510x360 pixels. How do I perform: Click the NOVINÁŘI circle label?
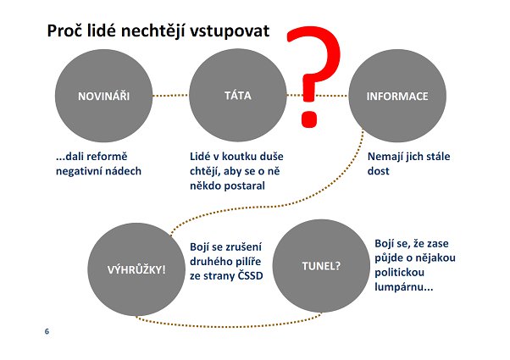coord(103,96)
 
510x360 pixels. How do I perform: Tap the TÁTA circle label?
coord(238,95)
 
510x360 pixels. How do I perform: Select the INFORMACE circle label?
coord(397,97)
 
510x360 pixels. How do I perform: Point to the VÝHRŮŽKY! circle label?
coord(136,269)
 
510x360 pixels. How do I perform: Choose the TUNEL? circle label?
coord(321,266)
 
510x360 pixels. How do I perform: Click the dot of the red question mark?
coord(308,119)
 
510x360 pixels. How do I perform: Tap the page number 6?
coord(47,331)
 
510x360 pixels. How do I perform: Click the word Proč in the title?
coord(64,31)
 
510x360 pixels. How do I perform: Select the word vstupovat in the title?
coord(230,32)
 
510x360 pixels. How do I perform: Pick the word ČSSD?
coord(250,276)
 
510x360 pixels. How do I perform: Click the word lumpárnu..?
coord(404,287)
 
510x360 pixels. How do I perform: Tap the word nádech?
coord(125,171)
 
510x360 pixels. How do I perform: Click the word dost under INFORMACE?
coord(379,171)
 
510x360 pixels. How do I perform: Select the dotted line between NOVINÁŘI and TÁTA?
coord(170,96)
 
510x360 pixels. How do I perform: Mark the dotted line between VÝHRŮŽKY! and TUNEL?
coord(228,325)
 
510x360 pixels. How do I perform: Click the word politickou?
coord(399,272)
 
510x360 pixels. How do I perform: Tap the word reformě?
coord(107,157)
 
